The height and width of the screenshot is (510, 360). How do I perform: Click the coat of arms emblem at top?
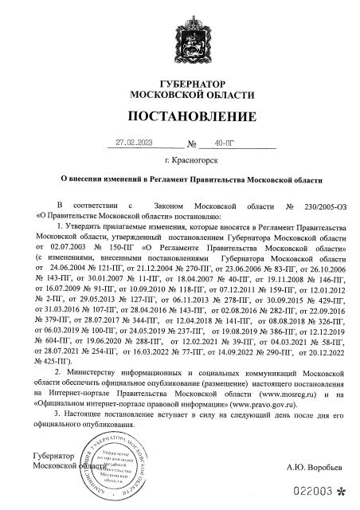[x=179, y=39]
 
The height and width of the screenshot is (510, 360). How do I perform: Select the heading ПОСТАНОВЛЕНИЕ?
[x=179, y=119]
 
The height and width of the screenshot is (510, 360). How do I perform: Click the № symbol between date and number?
[x=192, y=146]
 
